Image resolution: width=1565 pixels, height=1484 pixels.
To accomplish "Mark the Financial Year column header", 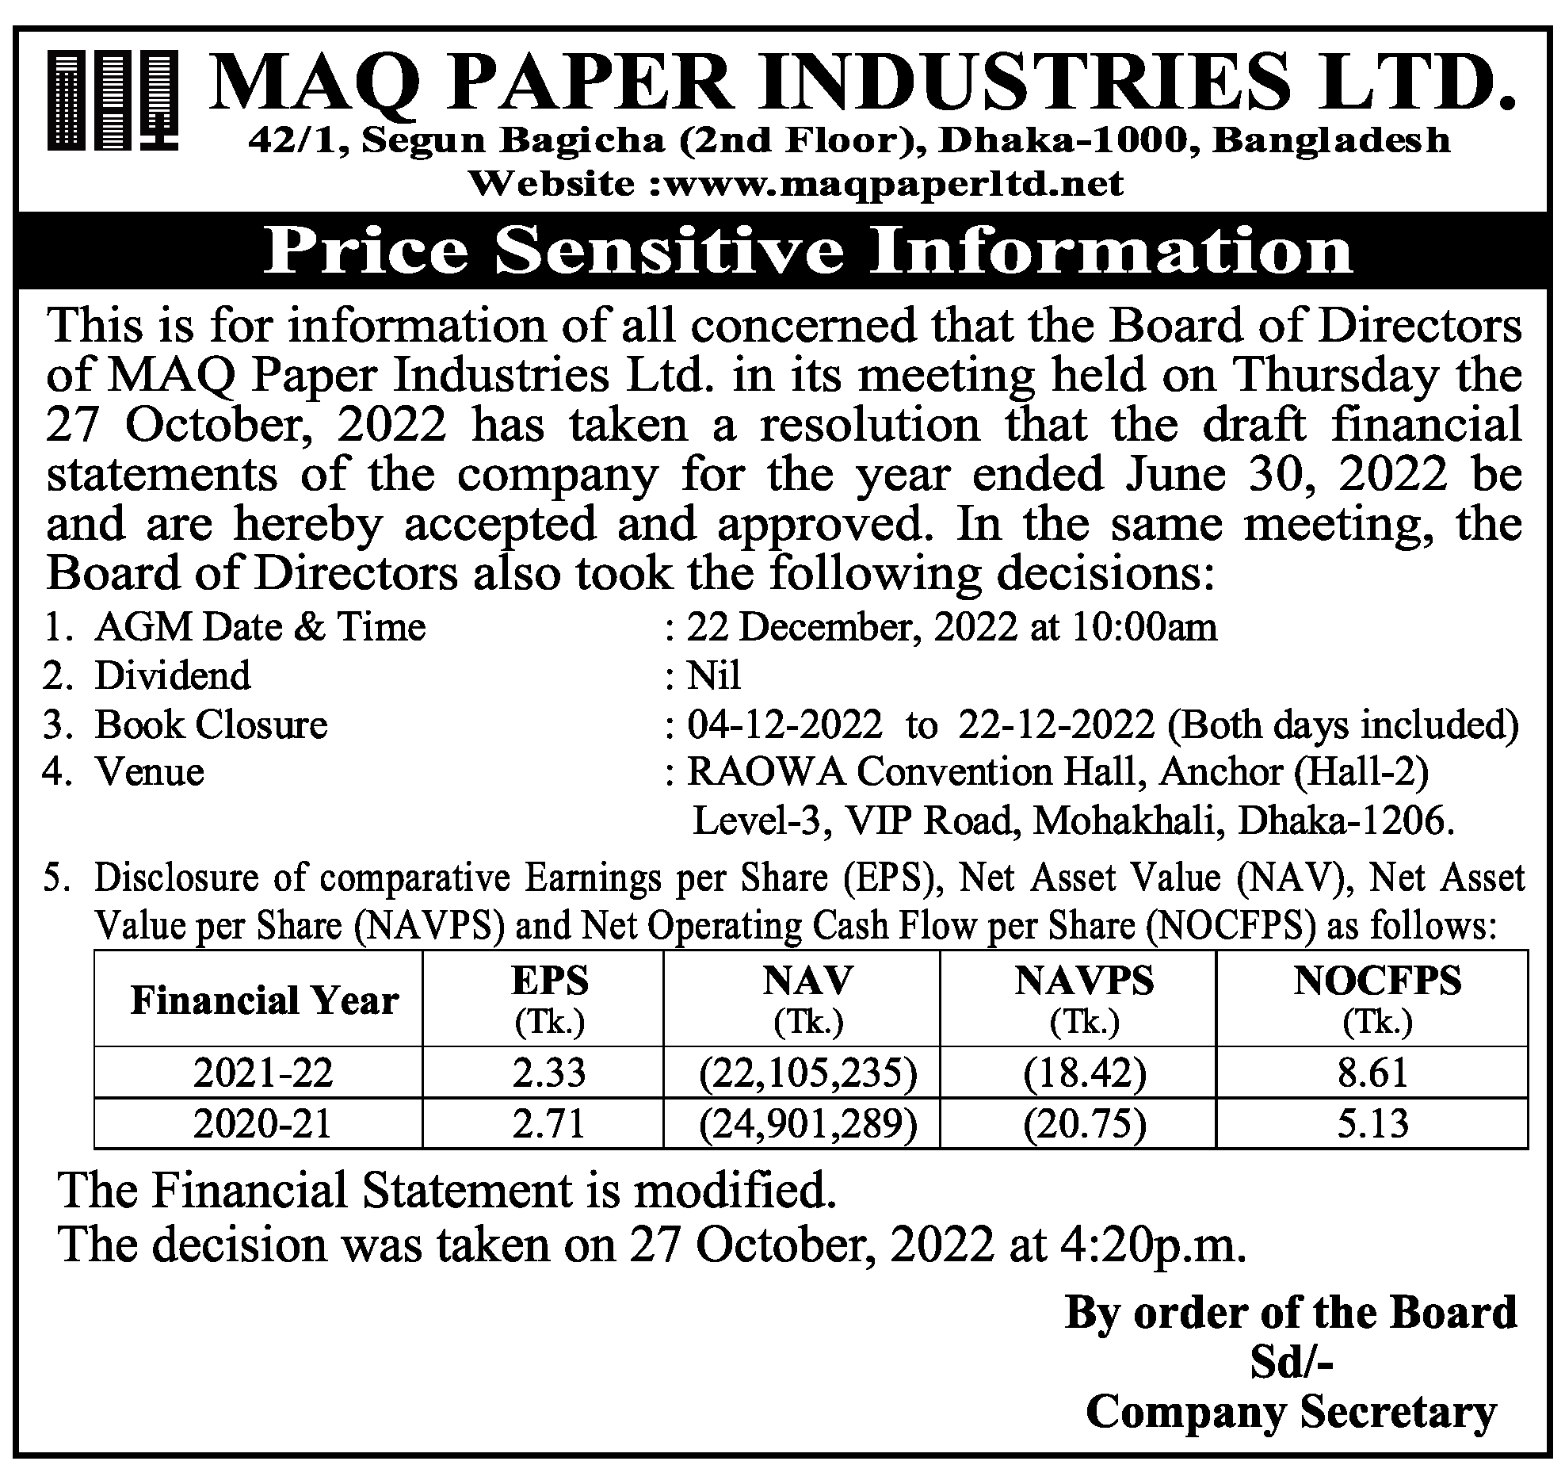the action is (x=264, y=1000).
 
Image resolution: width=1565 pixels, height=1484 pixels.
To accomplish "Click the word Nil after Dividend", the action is (x=713, y=676).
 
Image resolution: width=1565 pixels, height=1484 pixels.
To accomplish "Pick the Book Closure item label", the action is (x=211, y=725).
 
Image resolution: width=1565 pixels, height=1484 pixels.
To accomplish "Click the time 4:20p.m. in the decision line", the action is (x=1151, y=1245).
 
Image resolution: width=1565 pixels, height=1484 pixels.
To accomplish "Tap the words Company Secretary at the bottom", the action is (x=1291, y=1412).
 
